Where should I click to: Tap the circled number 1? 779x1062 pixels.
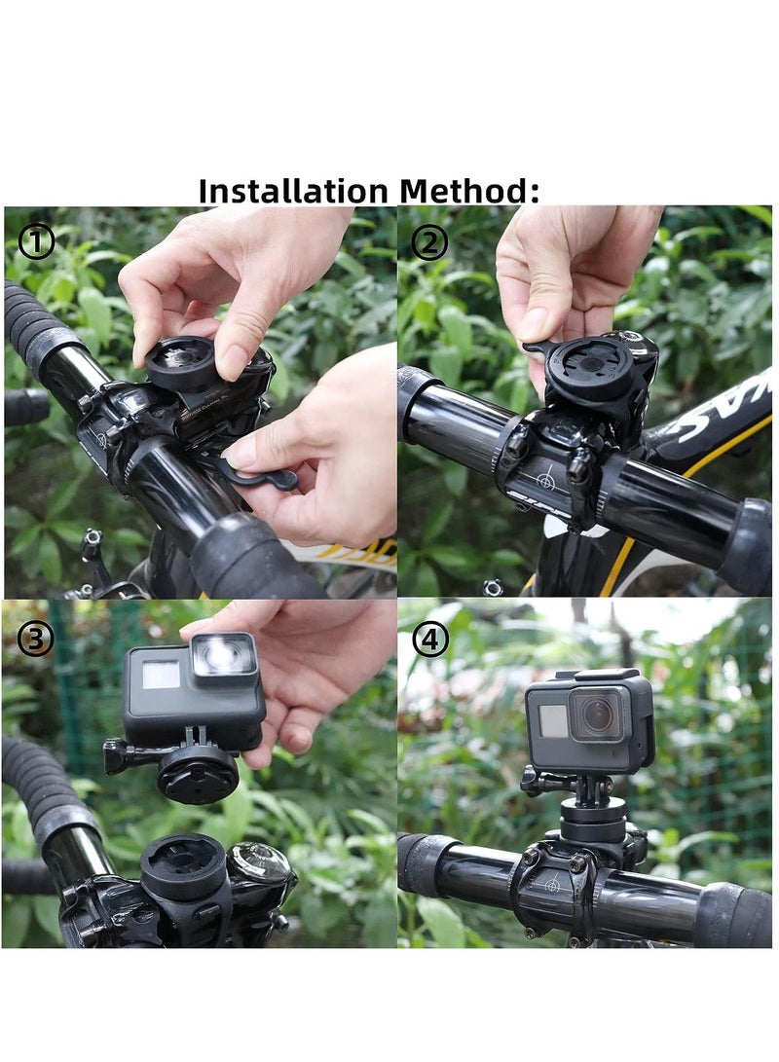(x=37, y=241)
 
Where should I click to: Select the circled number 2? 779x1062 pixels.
(x=428, y=241)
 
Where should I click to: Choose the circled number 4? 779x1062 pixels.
(x=430, y=639)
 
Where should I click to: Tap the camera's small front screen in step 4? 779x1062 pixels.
(x=553, y=720)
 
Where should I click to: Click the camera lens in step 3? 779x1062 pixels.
(x=223, y=657)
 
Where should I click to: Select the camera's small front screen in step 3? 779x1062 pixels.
(x=162, y=674)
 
